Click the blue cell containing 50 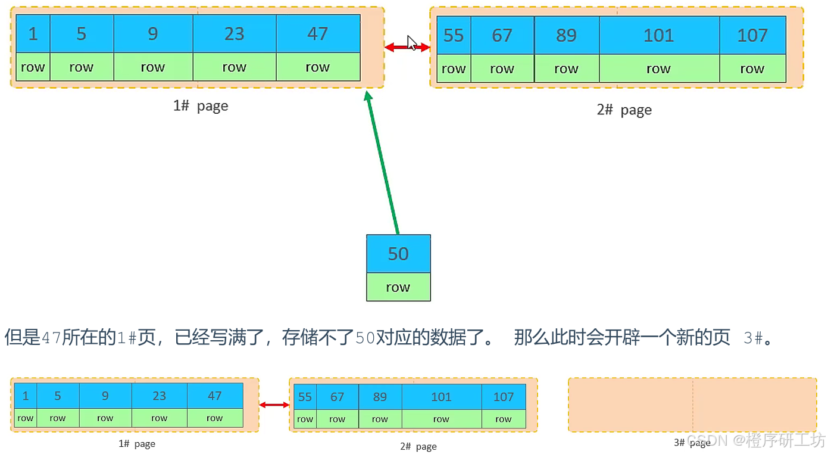click(398, 254)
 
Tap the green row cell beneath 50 click(398, 287)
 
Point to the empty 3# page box click(692, 405)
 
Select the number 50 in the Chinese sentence click(365, 338)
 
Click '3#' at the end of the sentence click(754, 338)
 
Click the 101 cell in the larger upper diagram click(658, 35)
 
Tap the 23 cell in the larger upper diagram click(234, 34)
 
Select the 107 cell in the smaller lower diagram click(504, 397)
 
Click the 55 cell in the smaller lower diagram click(305, 397)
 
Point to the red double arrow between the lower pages click(274, 405)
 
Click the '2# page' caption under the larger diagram click(624, 110)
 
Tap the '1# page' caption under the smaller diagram click(137, 444)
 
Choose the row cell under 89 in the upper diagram click(566, 69)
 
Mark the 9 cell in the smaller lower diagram click(105, 396)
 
